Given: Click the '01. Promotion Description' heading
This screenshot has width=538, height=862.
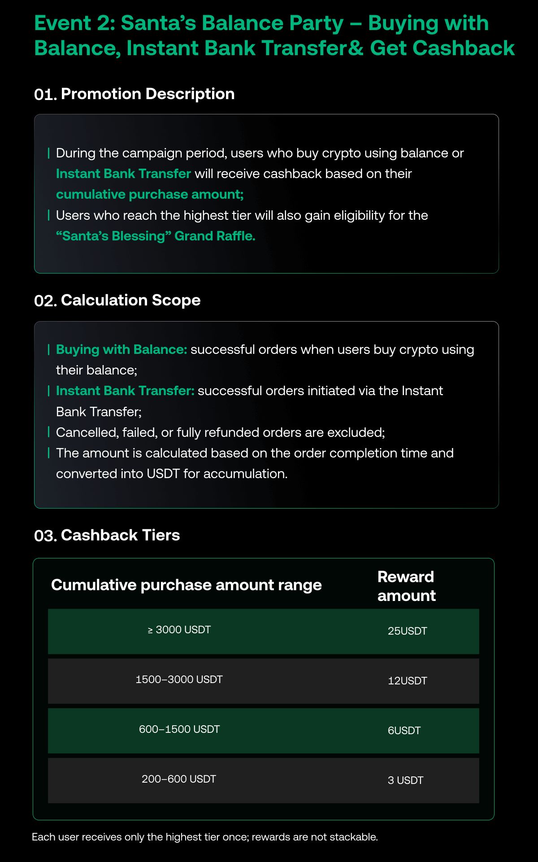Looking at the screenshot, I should pos(134,94).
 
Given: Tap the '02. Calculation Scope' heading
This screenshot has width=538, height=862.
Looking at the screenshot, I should pos(117,300).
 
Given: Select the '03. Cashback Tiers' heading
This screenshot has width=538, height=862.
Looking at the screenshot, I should pos(107,535).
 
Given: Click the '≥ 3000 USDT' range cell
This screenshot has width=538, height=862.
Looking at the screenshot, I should pos(179,630).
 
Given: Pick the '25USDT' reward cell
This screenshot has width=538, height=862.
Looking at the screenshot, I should pos(407,631).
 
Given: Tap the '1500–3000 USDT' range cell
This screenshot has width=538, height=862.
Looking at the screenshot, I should pos(179,680).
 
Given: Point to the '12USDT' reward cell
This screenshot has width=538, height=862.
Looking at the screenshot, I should pos(407,681).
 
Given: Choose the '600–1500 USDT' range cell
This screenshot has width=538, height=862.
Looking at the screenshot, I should pos(179,730).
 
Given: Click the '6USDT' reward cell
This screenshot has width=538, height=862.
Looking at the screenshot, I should pos(404,731).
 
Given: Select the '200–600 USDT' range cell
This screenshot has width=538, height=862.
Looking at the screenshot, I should pos(178,779).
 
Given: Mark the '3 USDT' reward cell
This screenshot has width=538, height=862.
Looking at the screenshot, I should pos(405,781).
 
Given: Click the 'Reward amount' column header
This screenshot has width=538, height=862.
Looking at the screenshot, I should pos(406,586).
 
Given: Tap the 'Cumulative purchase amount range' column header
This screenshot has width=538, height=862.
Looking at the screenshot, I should pos(186,585).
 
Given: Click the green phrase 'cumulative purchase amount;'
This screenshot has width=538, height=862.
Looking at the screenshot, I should pos(150,195).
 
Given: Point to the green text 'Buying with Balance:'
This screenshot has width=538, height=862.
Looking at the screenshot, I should pos(121,350).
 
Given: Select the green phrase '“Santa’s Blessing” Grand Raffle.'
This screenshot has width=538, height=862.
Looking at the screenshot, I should pos(156,236).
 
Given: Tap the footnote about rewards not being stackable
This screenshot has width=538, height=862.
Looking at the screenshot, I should pos(205,837).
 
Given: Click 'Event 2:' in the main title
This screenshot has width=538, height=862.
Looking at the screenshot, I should pos(74,23).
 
